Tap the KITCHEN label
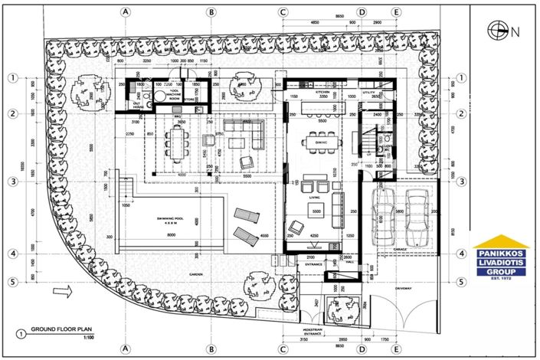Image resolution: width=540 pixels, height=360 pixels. click(x=322, y=91)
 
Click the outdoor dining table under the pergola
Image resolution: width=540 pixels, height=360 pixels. click(x=180, y=141)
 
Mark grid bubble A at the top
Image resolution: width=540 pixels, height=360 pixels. click(x=126, y=12)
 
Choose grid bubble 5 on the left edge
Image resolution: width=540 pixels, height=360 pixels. click(x=13, y=282)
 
